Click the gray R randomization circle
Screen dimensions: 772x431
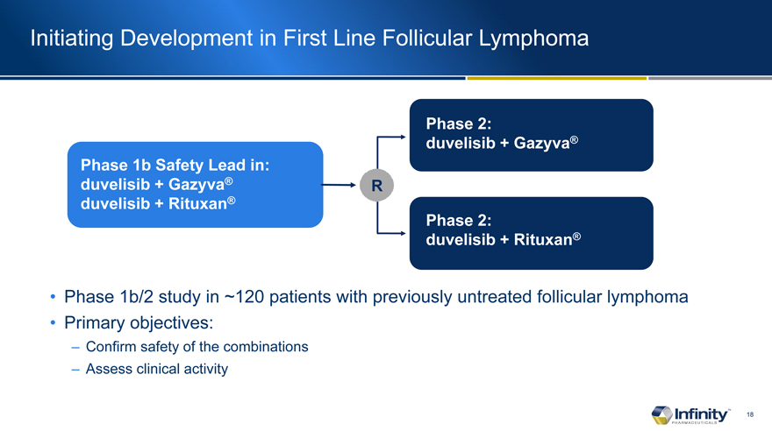point(376,185)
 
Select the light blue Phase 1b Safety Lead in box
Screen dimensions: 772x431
point(195,185)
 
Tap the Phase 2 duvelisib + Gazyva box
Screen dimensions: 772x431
point(532,135)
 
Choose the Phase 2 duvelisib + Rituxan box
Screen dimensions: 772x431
point(532,233)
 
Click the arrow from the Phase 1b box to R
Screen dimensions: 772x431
point(339,185)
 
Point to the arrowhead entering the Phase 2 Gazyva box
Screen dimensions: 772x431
point(403,138)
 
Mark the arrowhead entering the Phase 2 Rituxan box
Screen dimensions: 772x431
point(403,233)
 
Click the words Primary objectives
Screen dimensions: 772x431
point(139,323)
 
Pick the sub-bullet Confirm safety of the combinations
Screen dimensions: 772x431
point(197,347)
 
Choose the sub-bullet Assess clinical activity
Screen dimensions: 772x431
point(157,369)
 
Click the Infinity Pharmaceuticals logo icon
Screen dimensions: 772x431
point(661,414)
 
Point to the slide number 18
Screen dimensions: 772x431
point(750,414)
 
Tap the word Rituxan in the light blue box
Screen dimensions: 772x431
point(198,203)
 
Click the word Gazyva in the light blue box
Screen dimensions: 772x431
point(197,184)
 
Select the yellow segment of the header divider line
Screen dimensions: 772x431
point(557,78)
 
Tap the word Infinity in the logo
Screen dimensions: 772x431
point(701,413)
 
